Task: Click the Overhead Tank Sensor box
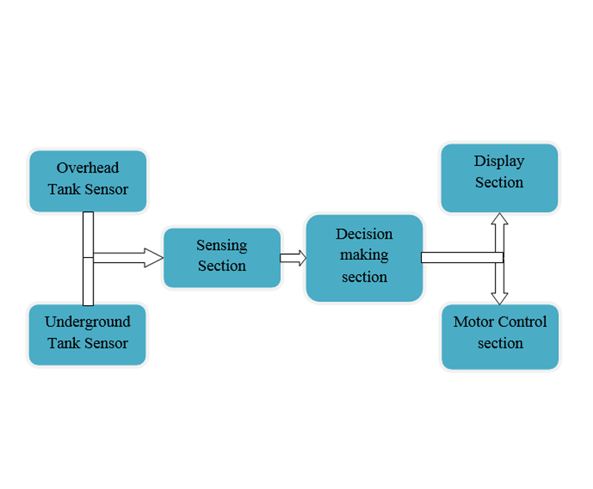coord(88,181)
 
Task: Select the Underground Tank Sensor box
coord(87,334)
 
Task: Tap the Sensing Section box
coord(222,257)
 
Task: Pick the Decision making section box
coord(364,257)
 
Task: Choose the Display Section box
coord(499,178)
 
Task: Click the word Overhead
coord(87,168)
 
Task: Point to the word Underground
coord(87,322)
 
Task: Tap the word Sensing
coord(222,245)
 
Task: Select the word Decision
coord(364,234)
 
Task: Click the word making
coord(364,256)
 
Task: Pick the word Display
coord(499,162)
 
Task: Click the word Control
coord(523,322)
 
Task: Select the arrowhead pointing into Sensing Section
coord(154,258)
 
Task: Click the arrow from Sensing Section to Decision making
coord(293,258)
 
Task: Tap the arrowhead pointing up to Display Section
coord(500,220)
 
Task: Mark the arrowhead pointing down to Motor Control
coord(500,297)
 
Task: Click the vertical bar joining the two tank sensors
coord(88,258)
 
